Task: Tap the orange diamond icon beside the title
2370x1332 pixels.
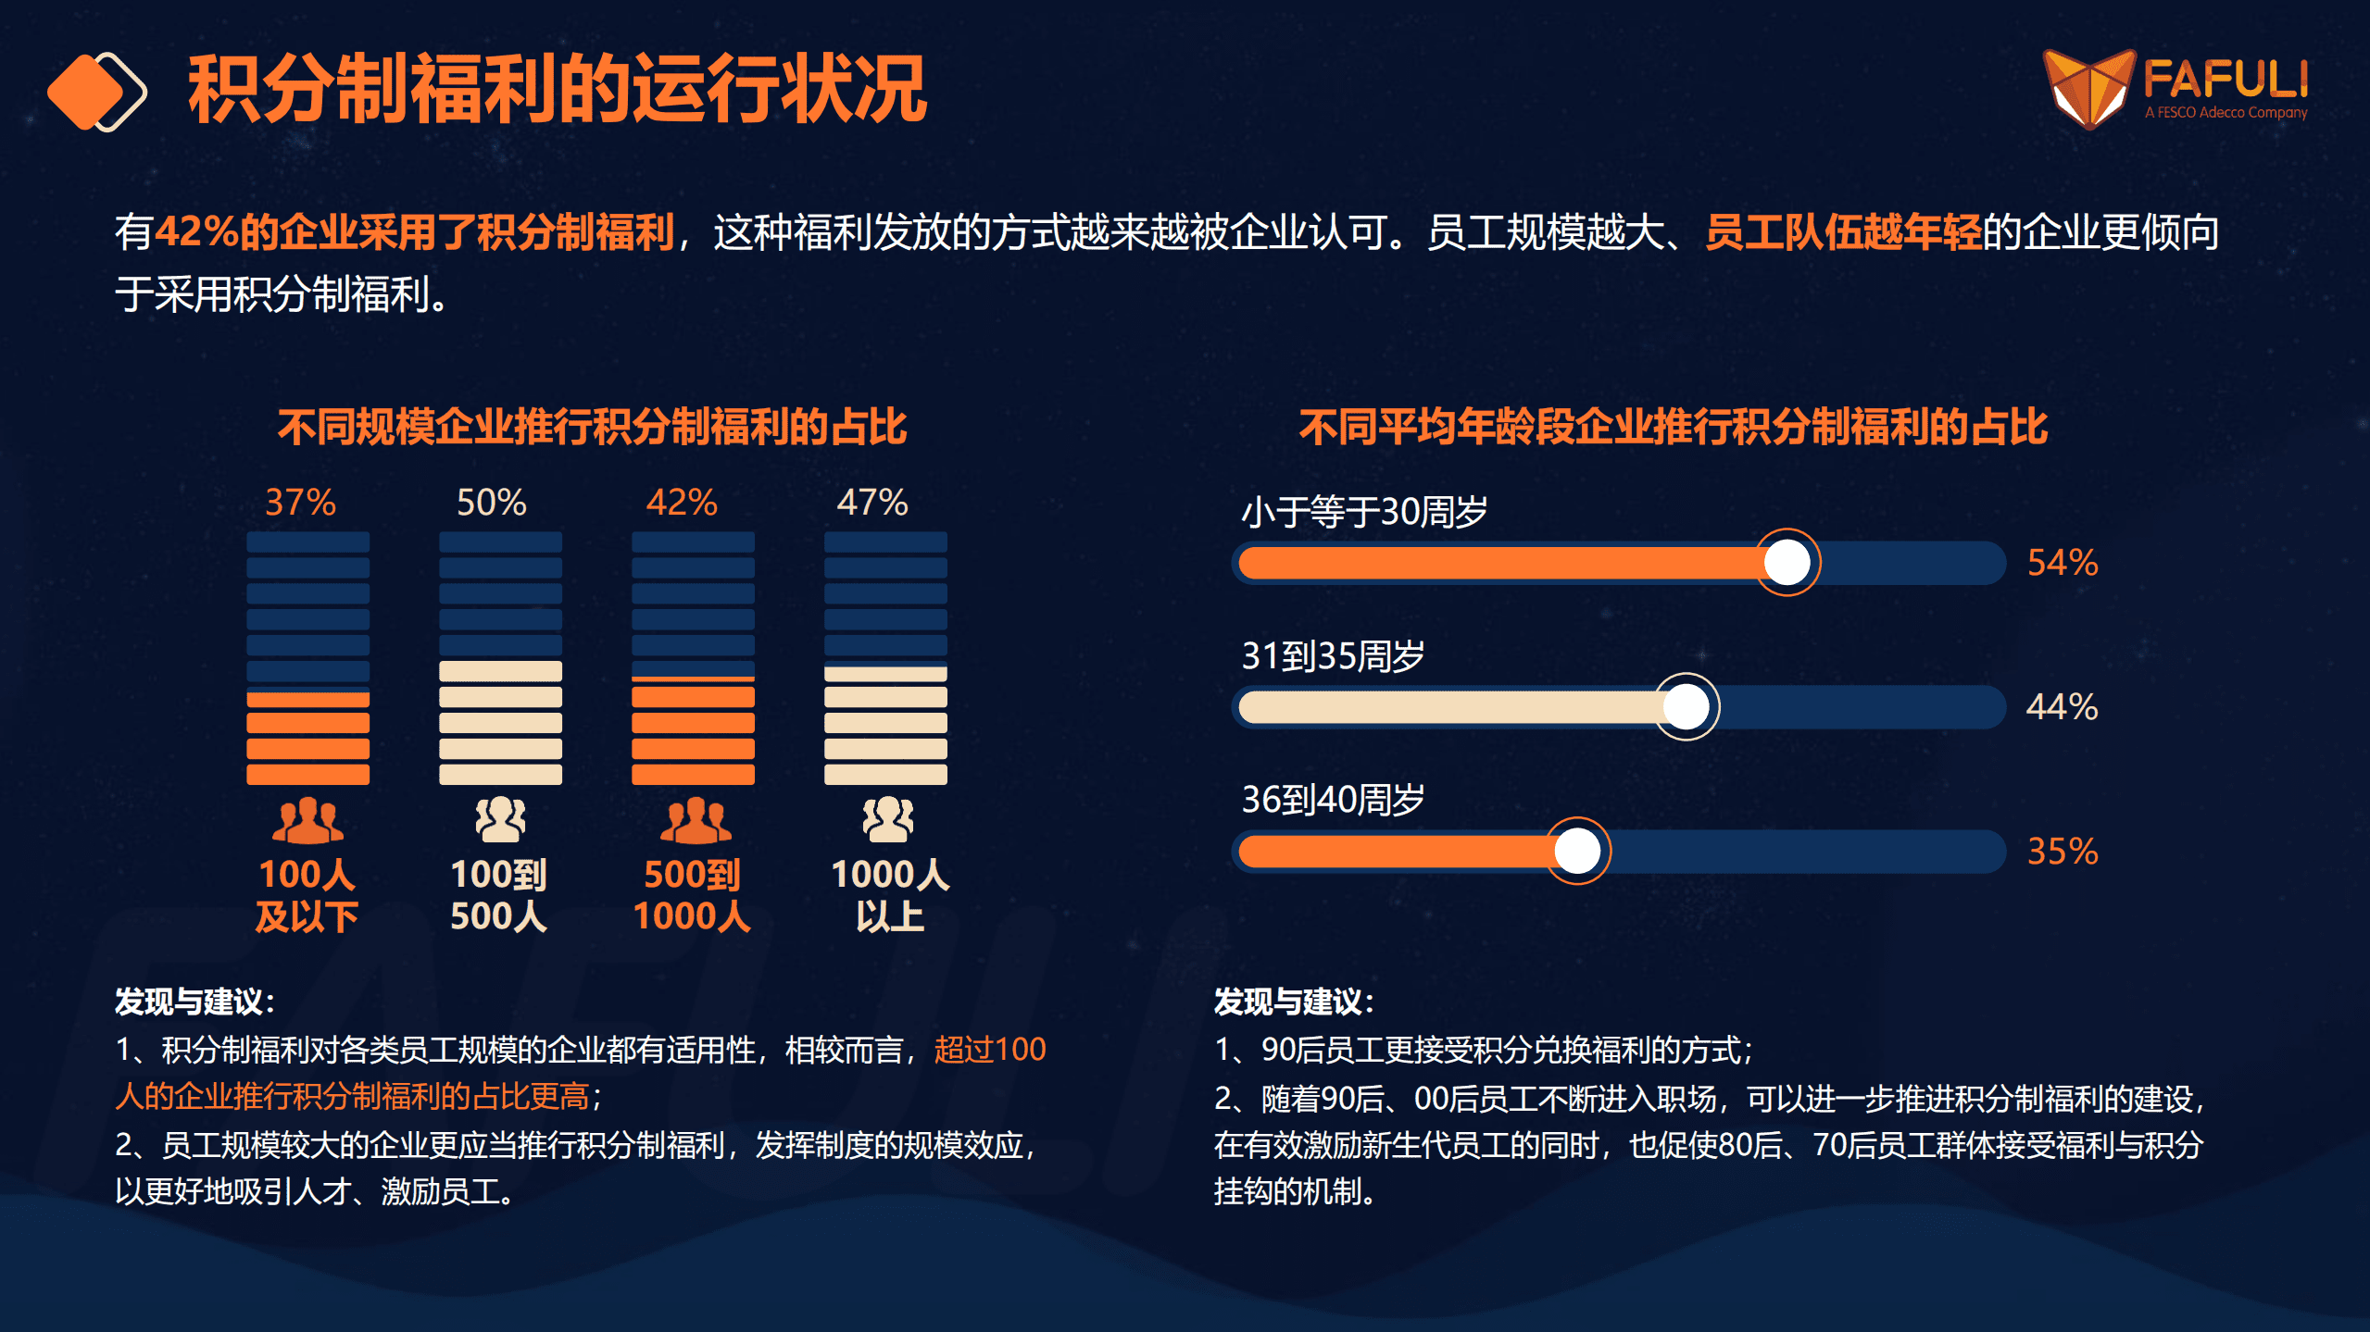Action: (x=86, y=92)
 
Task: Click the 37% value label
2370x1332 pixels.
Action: (x=300, y=503)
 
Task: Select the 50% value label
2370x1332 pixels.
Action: (x=491, y=503)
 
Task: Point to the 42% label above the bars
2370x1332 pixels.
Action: (x=682, y=503)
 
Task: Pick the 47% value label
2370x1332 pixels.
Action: (x=872, y=503)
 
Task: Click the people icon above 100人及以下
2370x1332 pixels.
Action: (x=307, y=820)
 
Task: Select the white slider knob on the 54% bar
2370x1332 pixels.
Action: (x=1787, y=562)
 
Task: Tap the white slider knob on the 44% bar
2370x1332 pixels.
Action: (x=1687, y=707)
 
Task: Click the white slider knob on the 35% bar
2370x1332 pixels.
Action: (x=1577, y=851)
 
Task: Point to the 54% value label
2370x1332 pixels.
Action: (x=2063, y=563)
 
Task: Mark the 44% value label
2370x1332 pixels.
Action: (x=2062, y=707)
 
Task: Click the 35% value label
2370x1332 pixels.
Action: (x=2063, y=852)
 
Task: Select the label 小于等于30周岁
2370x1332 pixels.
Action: (x=1363, y=512)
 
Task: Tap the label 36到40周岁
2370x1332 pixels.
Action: (x=1332, y=800)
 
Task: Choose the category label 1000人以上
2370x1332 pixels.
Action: (x=889, y=895)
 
